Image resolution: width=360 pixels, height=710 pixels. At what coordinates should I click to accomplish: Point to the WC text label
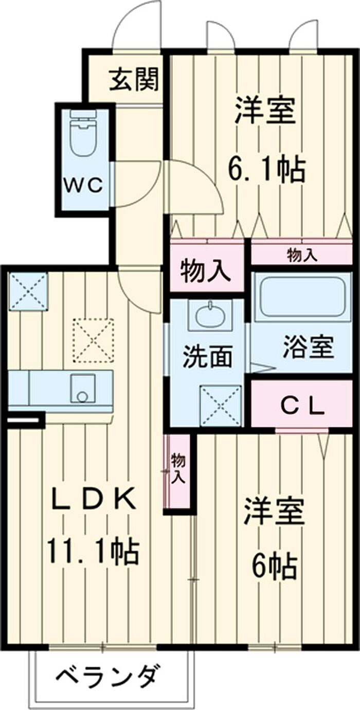tap(83, 185)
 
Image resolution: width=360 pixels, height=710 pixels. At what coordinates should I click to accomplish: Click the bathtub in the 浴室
tap(302, 297)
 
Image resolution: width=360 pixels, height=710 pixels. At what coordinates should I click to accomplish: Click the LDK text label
tap(94, 498)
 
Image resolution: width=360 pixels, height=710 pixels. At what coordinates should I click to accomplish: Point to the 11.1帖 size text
tap(93, 551)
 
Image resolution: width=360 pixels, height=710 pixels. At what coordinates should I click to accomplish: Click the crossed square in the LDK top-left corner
tap(28, 291)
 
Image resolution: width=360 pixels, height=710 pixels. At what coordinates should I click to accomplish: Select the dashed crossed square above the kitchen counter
tap(93, 340)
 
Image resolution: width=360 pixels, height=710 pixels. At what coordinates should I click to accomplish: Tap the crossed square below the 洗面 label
tap(220, 406)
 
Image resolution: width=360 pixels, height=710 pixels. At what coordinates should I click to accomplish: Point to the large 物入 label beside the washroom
tap(206, 270)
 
